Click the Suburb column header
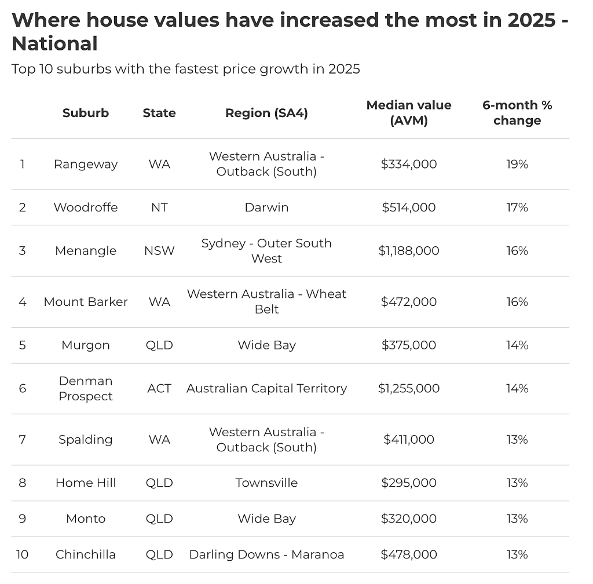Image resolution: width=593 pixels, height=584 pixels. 86,113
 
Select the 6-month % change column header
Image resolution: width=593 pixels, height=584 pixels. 517,113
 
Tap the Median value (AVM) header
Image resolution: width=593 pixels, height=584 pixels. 409,113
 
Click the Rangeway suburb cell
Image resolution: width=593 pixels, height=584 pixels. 86,164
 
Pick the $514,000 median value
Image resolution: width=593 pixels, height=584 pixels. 409,207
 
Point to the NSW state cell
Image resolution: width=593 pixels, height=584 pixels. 159,251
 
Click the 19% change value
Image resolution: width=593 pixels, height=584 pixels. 517,164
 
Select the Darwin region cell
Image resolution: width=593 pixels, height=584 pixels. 266,207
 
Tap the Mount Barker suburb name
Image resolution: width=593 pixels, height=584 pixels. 86,302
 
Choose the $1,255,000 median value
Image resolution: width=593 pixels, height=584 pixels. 409,388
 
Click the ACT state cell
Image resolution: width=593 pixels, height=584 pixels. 159,388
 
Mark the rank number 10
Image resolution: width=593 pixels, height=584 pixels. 23,554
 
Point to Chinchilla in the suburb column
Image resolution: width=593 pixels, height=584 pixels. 86,554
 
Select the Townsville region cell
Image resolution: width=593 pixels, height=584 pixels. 266,483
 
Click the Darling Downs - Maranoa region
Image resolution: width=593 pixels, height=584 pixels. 266,554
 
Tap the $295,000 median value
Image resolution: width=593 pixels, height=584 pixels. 409,483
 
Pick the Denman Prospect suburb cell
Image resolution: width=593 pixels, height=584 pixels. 86,388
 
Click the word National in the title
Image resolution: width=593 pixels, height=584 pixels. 55,43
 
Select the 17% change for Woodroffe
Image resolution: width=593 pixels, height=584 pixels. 517,207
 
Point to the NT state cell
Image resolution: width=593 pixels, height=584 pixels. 159,207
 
